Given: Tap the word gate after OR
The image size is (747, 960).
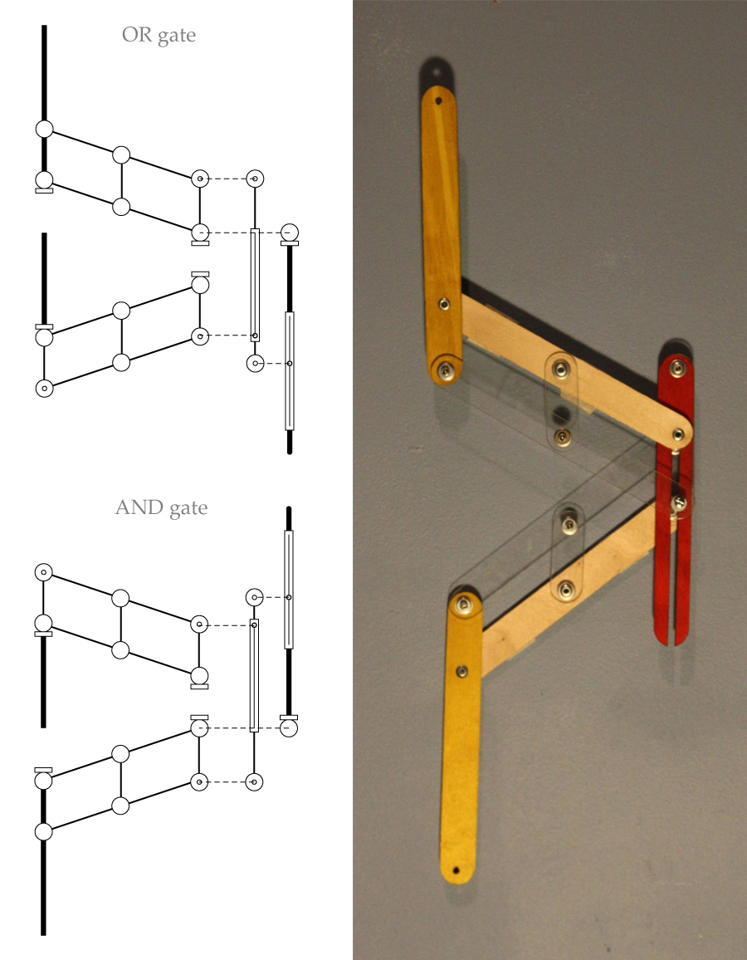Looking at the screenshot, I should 177,37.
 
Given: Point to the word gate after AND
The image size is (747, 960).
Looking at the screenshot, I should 187,508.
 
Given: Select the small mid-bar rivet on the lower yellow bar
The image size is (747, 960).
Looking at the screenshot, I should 462,670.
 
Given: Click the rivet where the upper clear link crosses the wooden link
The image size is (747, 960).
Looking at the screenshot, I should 563,365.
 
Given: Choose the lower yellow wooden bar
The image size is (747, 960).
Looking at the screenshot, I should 461,747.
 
